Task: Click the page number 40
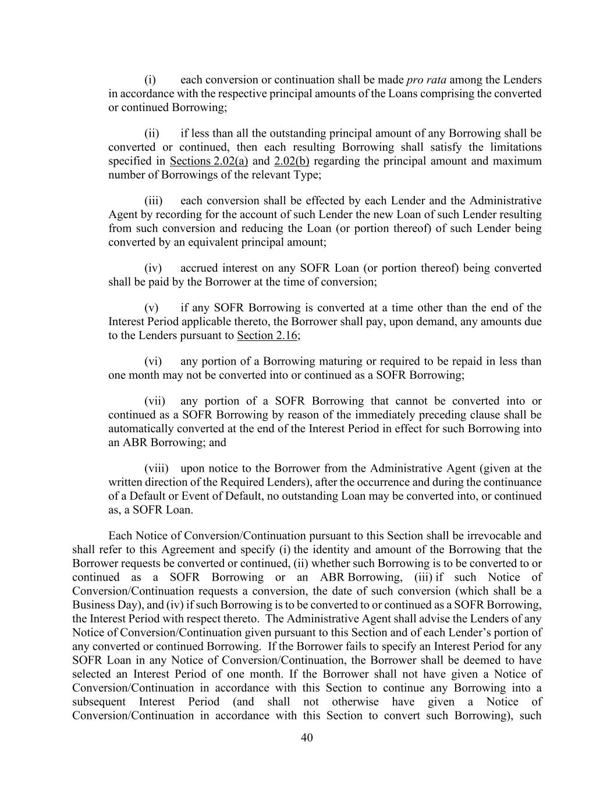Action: pyautogui.click(x=307, y=738)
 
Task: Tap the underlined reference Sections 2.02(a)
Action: pyautogui.click(x=209, y=161)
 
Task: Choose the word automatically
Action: pyautogui.click(x=141, y=429)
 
